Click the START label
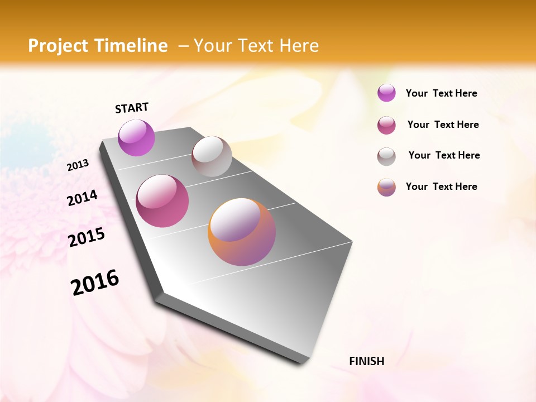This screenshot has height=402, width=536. [132, 108]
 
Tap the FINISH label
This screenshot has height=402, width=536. [366, 361]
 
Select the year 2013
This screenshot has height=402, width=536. [78, 165]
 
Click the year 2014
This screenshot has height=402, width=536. [82, 198]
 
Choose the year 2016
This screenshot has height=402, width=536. [95, 282]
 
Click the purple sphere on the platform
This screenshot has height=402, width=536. [137, 138]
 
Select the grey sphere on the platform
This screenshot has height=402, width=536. [212, 156]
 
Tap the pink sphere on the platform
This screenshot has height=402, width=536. [162, 201]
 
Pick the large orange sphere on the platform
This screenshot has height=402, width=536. [242, 232]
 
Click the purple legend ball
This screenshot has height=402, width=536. [386, 93]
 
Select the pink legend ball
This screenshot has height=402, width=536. [386, 125]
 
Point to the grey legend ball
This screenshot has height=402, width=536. [386, 156]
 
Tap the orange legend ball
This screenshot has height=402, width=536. [386, 187]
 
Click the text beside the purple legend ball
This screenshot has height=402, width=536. [441, 93]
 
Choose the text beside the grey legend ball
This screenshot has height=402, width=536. [444, 155]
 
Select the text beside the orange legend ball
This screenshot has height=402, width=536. [441, 186]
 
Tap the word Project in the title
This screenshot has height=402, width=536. [58, 46]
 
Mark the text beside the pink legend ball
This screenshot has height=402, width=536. [443, 125]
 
